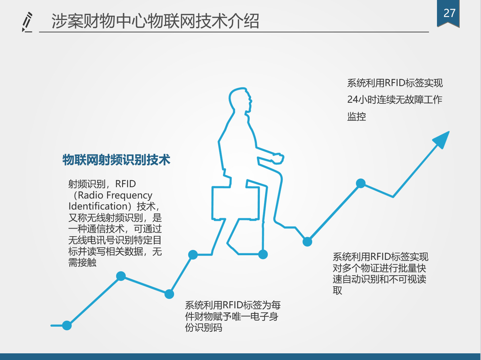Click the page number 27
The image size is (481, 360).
(x=449, y=13)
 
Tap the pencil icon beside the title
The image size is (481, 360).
(x=27, y=22)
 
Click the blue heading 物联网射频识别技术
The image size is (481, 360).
(x=116, y=159)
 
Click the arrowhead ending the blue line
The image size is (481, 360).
(x=442, y=139)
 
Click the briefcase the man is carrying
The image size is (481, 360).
(x=235, y=203)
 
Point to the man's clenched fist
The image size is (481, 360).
(x=278, y=158)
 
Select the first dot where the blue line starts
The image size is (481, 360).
(x=67, y=325)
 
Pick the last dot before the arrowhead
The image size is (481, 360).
(x=361, y=184)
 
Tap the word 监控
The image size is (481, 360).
(x=357, y=116)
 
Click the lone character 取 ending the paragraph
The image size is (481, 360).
(x=337, y=291)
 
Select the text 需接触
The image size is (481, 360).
(x=82, y=263)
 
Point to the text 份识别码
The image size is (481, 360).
(x=203, y=328)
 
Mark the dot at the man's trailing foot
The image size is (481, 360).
(x=263, y=254)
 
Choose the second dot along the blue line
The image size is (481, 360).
(x=121, y=276)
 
